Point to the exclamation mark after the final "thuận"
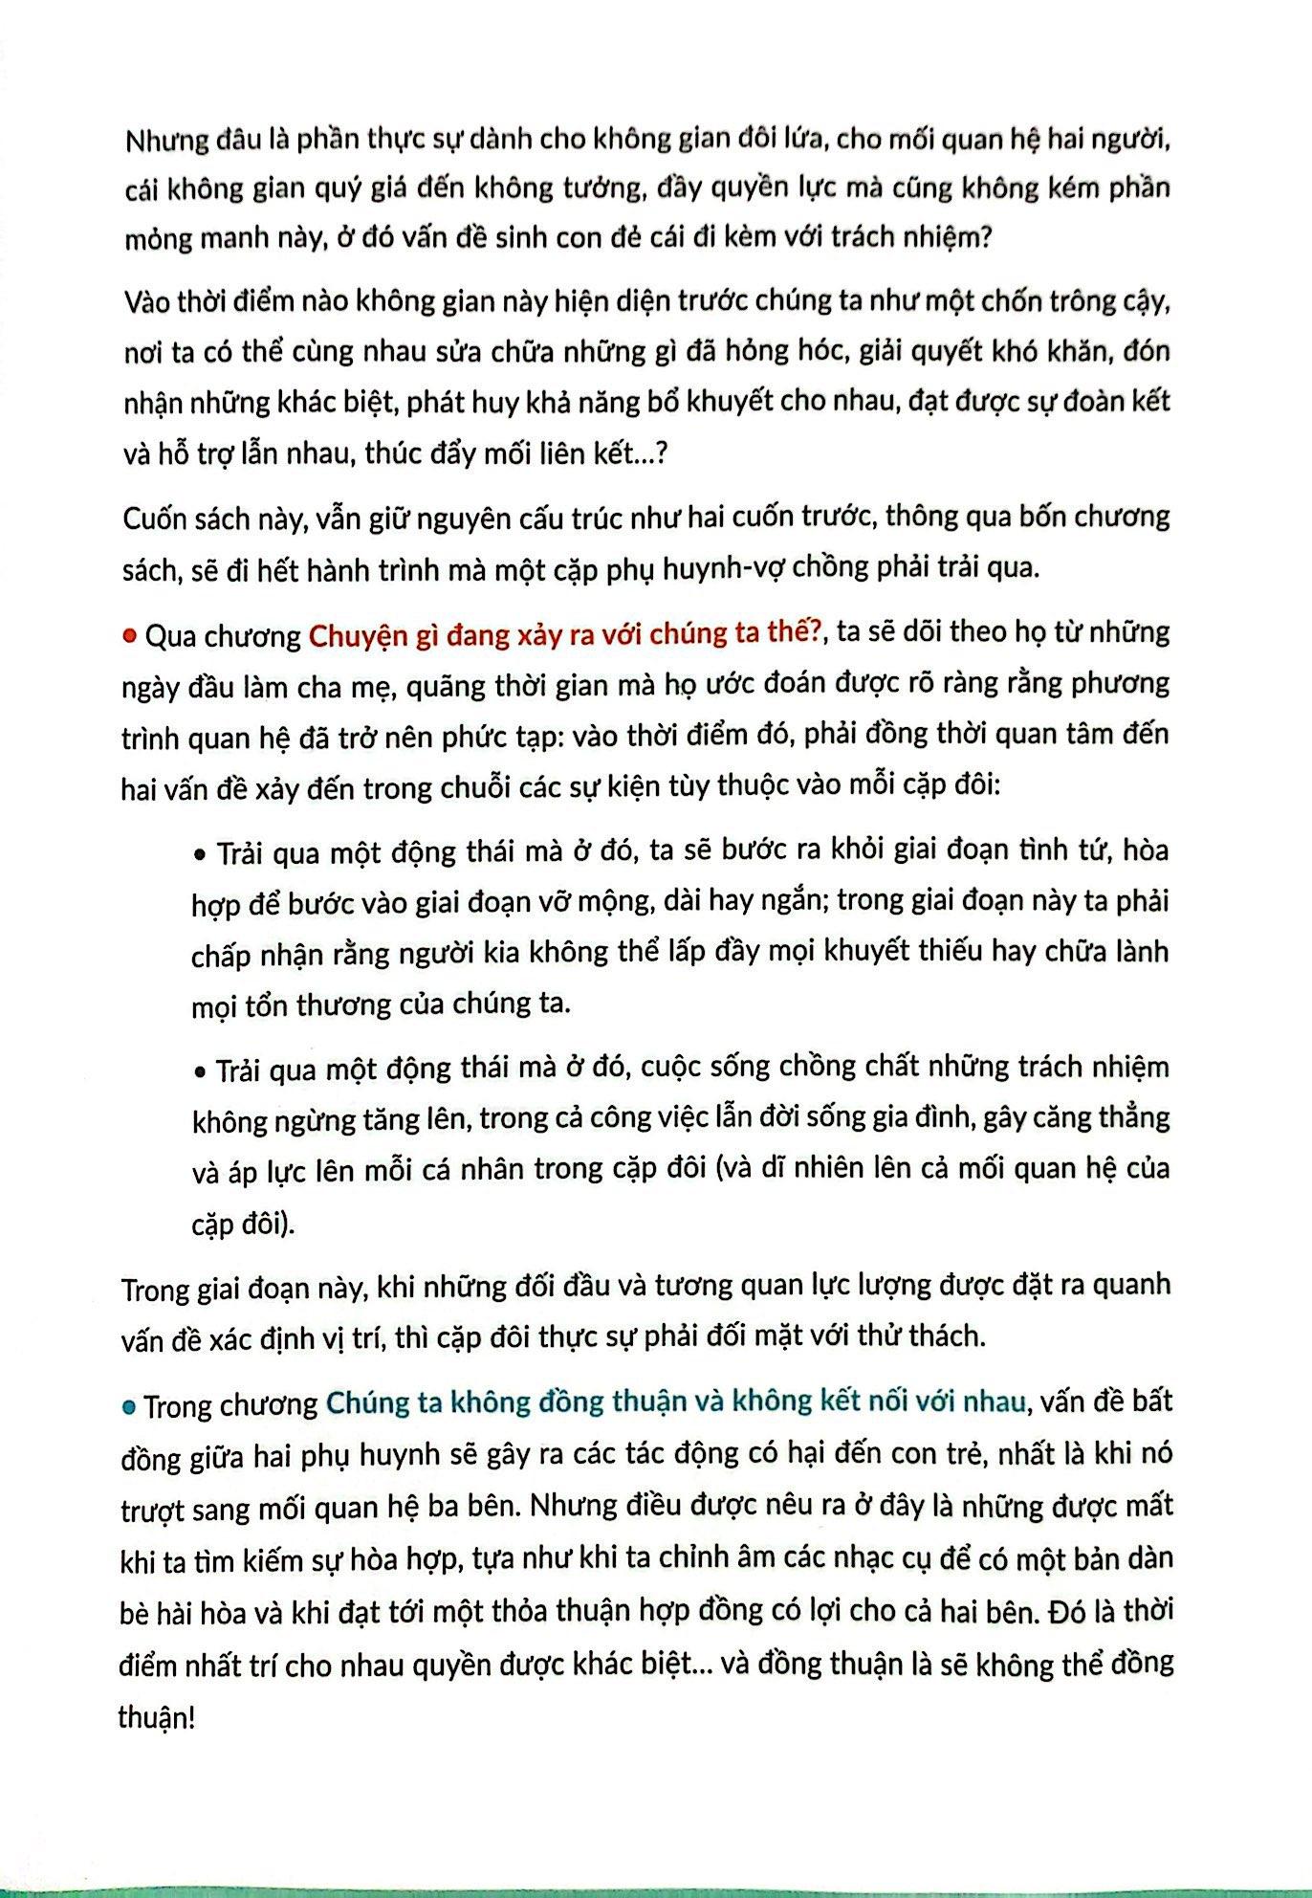pos(191,1717)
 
